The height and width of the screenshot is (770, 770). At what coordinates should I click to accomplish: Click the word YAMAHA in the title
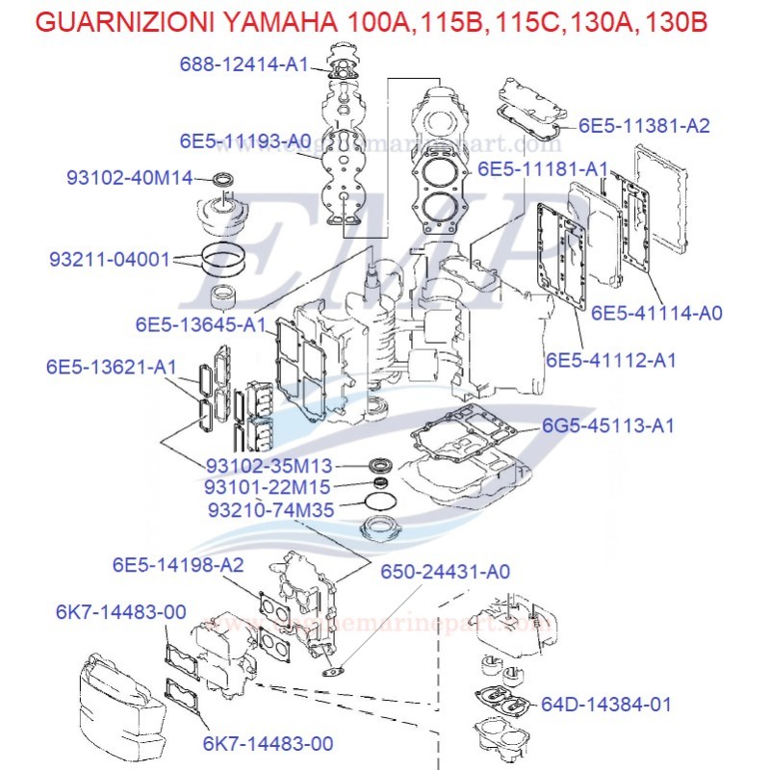313,22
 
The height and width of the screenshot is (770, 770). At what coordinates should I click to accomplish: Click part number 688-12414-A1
244,64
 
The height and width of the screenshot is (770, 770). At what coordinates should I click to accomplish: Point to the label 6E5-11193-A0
244,141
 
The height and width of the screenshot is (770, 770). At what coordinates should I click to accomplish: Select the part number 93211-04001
110,260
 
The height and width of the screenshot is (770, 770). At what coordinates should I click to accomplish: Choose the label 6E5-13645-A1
200,325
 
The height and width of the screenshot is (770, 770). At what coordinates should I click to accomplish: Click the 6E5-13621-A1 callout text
112,368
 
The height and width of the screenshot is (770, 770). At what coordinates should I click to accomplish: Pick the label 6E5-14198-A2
178,564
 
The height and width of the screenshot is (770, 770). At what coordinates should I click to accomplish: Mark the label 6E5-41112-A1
611,360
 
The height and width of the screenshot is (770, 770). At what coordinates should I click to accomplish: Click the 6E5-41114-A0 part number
656,312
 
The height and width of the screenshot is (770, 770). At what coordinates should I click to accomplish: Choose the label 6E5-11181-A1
543,168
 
